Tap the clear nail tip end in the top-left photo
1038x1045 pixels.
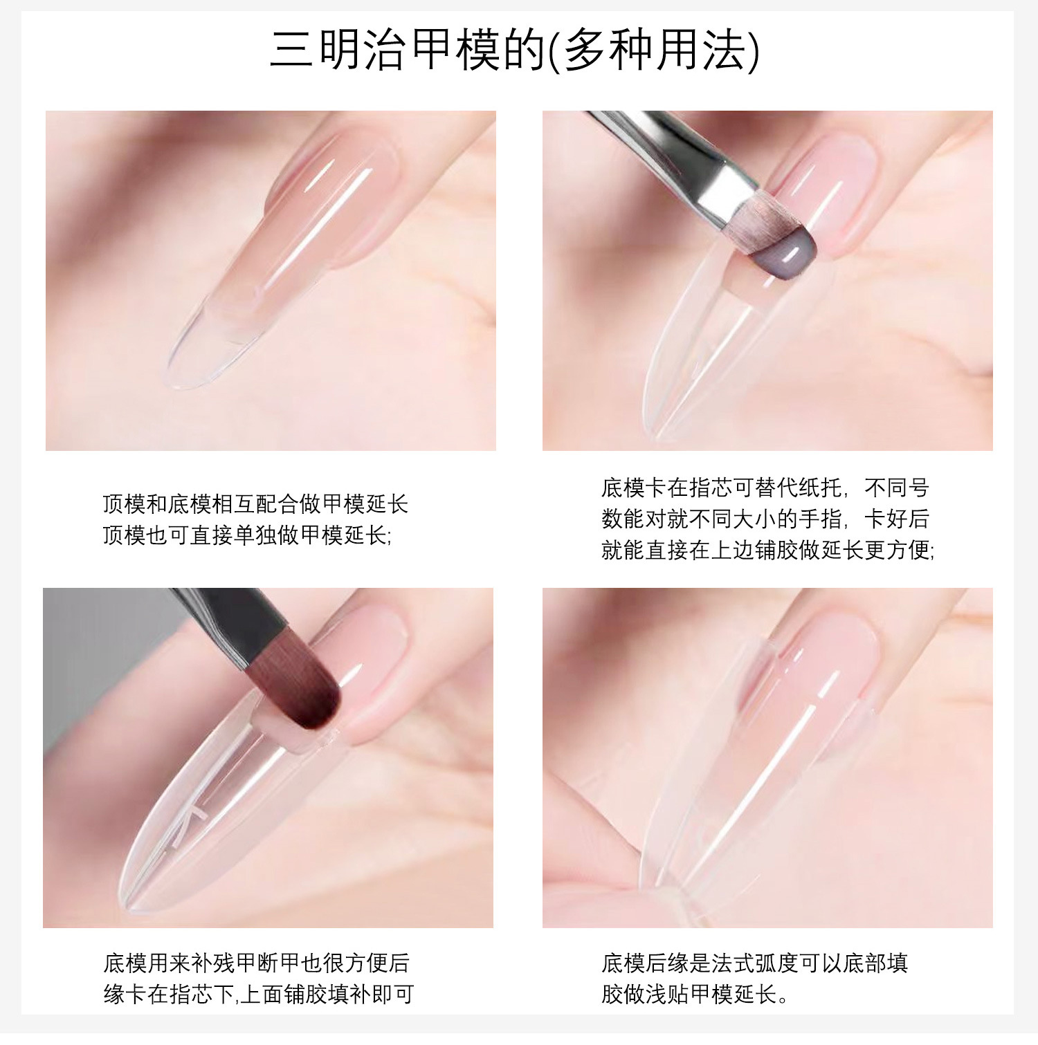pyautogui.click(x=190, y=360)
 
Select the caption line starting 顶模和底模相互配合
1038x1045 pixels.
pyautogui.click(x=255, y=503)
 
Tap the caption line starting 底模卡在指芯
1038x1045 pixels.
pyautogui.click(x=765, y=488)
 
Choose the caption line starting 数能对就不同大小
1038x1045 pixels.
pyautogui.click(x=765, y=519)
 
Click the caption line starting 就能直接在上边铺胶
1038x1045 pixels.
pyautogui.click(x=768, y=550)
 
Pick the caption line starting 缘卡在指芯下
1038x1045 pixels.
pyautogui.click(x=259, y=994)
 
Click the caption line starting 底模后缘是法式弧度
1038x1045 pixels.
pyautogui.click(x=754, y=963)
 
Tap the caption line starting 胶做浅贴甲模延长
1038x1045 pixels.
pyautogui.click(x=695, y=994)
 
